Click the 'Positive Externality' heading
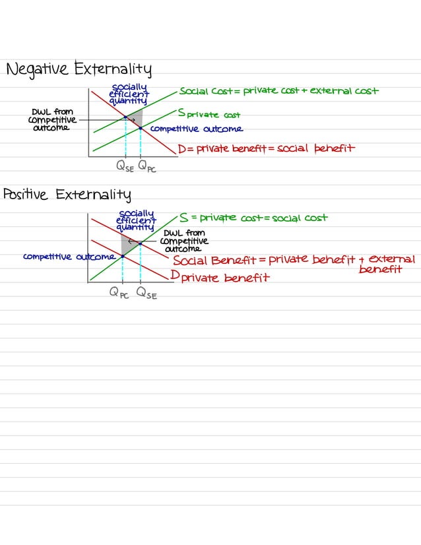(x=67, y=195)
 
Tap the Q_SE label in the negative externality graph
(x=125, y=167)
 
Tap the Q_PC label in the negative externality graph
(x=146, y=167)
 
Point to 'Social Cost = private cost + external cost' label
(x=278, y=91)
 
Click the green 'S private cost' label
(x=209, y=114)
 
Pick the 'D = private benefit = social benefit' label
(x=266, y=148)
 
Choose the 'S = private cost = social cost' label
(x=253, y=218)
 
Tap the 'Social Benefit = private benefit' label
(x=264, y=261)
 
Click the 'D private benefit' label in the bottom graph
(x=220, y=277)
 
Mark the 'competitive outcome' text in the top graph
(x=196, y=129)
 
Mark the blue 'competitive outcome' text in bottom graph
(x=69, y=256)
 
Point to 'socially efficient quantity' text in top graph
(x=129, y=94)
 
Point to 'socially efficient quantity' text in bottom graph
(x=136, y=220)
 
